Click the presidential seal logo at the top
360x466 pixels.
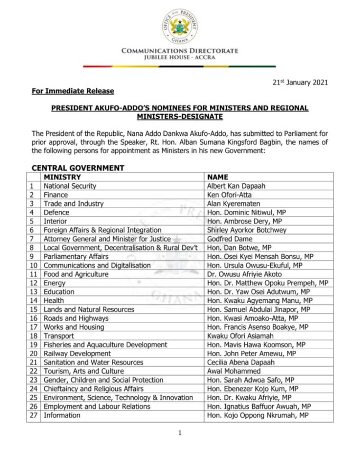click(x=180, y=26)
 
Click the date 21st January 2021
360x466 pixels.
click(x=300, y=82)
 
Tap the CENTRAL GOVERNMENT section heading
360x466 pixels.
click(x=78, y=168)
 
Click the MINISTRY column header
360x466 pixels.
click(x=62, y=177)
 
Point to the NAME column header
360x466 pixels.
click(x=218, y=177)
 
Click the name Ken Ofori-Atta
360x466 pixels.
click(x=228, y=195)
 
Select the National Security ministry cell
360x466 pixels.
click(x=70, y=186)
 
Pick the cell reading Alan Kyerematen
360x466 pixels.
click(x=232, y=203)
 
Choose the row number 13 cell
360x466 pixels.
click(x=33, y=292)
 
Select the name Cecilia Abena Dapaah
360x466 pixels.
click(x=241, y=362)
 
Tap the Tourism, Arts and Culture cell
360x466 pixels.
click(x=84, y=371)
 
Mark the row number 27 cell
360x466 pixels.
click(x=33, y=415)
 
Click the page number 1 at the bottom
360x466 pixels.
click(x=180, y=433)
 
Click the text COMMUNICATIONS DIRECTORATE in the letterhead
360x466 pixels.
click(x=180, y=51)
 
